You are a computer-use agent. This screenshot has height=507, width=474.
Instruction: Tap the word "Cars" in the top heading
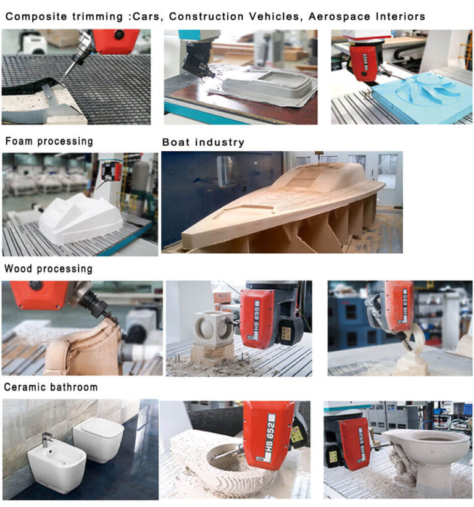pyautogui.click(x=150, y=17)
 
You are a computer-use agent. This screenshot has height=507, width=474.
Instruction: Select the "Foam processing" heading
pyautogui.click(x=49, y=141)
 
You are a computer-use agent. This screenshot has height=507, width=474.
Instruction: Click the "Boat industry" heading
pyautogui.click(x=203, y=143)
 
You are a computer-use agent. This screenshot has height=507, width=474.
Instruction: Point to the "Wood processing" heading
pyautogui.click(x=49, y=269)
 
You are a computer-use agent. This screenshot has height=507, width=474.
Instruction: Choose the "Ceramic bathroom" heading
pyautogui.click(x=51, y=387)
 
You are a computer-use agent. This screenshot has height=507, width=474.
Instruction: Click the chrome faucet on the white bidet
pyautogui.click(x=47, y=439)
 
